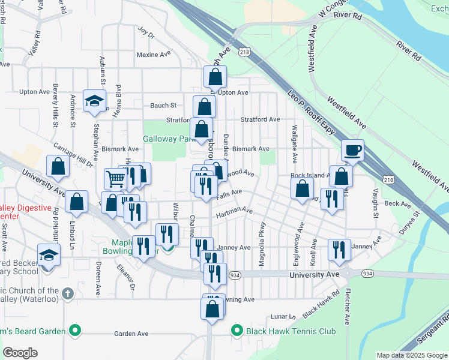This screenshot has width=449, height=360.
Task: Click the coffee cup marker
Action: [353, 150]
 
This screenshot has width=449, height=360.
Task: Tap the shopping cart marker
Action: [115, 178]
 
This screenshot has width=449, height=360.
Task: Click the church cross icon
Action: [68, 294]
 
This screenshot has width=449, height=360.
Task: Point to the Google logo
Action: [20, 353]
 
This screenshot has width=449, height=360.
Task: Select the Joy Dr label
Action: [146, 32]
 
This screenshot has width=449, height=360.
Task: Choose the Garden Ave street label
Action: [131, 334]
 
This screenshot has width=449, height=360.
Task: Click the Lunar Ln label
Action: [283, 316]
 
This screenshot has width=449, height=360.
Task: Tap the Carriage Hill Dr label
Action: [74, 154]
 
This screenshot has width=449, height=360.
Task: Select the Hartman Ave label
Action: [234, 212]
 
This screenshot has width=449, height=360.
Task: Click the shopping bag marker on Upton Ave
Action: [215, 77]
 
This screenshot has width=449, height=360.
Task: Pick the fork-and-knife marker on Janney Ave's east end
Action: [339, 250]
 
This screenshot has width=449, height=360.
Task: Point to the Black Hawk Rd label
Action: [321, 305]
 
